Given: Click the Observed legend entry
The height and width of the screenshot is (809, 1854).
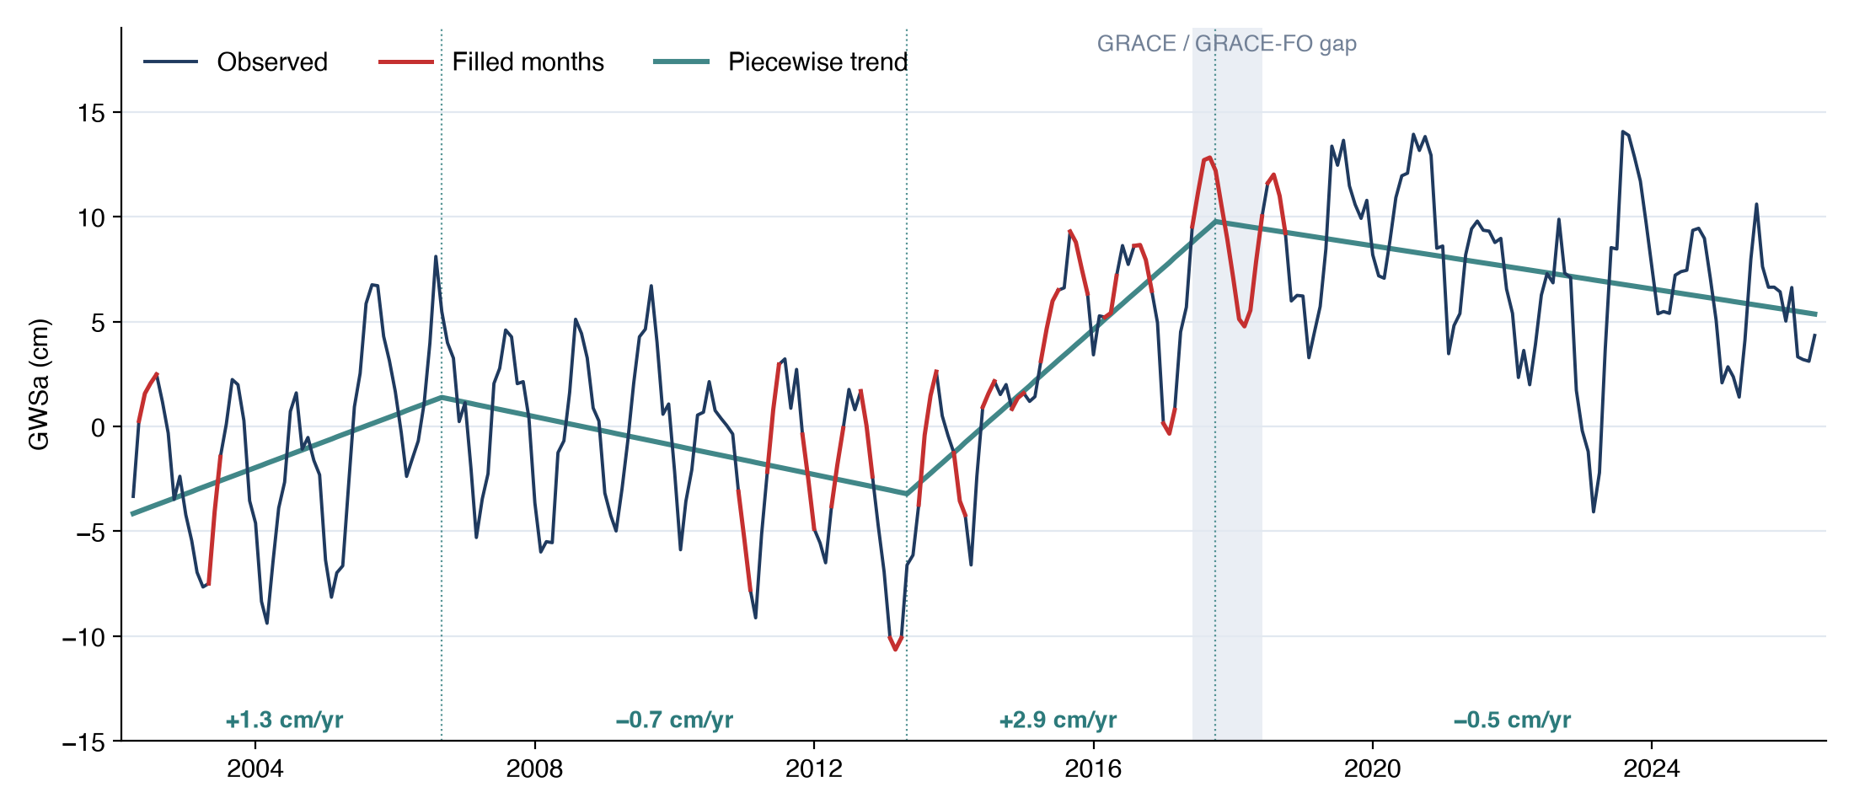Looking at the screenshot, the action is (236, 62).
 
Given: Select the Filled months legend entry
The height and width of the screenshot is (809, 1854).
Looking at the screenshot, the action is (491, 62).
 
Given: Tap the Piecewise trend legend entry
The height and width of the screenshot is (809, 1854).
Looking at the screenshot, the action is (781, 62).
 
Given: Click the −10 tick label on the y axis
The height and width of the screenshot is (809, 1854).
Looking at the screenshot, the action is (84, 637).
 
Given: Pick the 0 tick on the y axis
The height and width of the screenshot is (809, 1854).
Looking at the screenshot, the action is (99, 427).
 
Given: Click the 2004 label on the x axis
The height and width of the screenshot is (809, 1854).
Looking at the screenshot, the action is (255, 769).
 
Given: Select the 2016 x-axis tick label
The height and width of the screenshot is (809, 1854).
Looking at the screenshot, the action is (1093, 769).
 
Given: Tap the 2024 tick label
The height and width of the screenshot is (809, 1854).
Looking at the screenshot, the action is (1652, 769).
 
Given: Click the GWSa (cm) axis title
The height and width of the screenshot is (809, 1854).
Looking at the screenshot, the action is (40, 384).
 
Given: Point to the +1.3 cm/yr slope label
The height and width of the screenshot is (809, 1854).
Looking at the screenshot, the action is (285, 720).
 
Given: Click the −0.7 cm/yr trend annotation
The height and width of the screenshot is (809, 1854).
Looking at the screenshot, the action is (674, 720).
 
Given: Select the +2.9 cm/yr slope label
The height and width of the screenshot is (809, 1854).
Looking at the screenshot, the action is (1058, 720).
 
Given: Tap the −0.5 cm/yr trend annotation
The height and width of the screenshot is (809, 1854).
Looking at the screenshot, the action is (1512, 720).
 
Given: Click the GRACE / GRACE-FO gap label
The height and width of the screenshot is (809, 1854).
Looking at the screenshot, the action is (1226, 44).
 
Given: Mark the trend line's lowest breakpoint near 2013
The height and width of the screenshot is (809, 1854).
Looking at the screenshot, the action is (907, 494).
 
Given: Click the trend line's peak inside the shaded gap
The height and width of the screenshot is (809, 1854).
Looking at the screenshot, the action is (1215, 222).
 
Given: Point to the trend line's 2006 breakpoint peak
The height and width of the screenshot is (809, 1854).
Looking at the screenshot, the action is (442, 397).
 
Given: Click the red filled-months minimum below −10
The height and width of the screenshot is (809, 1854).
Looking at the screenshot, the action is (895, 649).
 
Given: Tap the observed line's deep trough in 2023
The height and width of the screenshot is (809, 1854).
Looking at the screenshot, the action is (1593, 512).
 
